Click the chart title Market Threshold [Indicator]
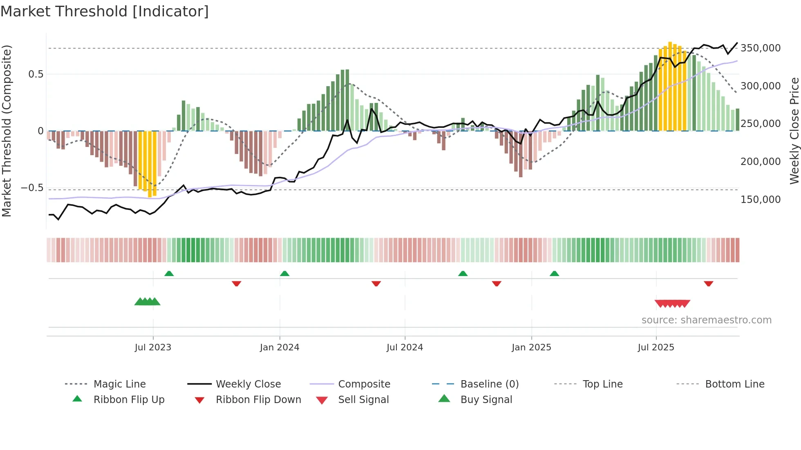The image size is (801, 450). [105, 11]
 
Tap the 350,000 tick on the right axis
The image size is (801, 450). [761, 48]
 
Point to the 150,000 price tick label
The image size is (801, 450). [761, 200]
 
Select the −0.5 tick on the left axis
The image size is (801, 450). [32, 188]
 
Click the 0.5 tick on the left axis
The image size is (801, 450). [36, 74]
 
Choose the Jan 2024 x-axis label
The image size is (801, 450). [280, 348]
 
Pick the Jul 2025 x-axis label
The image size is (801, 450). [656, 348]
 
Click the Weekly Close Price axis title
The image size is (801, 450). [794, 131]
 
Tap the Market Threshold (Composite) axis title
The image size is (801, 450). [7, 131]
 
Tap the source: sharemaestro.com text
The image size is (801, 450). [706, 320]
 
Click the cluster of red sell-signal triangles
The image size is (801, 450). [672, 303]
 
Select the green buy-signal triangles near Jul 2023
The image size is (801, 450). [147, 302]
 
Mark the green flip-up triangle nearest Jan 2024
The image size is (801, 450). [285, 274]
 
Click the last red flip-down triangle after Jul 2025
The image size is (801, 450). [709, 283]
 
